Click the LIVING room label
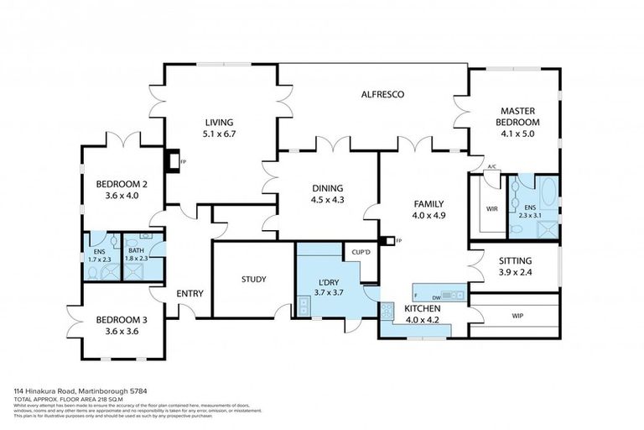tap(218, 123)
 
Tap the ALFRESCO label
tap(382, 95)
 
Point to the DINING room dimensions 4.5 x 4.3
tap(327, 200)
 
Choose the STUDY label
tap(253, 279)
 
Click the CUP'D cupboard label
tap(361, 251)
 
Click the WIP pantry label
tap(517, 317)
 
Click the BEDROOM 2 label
tap(122, 185)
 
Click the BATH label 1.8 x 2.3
tap(137, 249)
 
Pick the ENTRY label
tap(190, 293)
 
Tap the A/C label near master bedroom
tap(492, 167)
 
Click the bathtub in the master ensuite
tap(548, 195)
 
